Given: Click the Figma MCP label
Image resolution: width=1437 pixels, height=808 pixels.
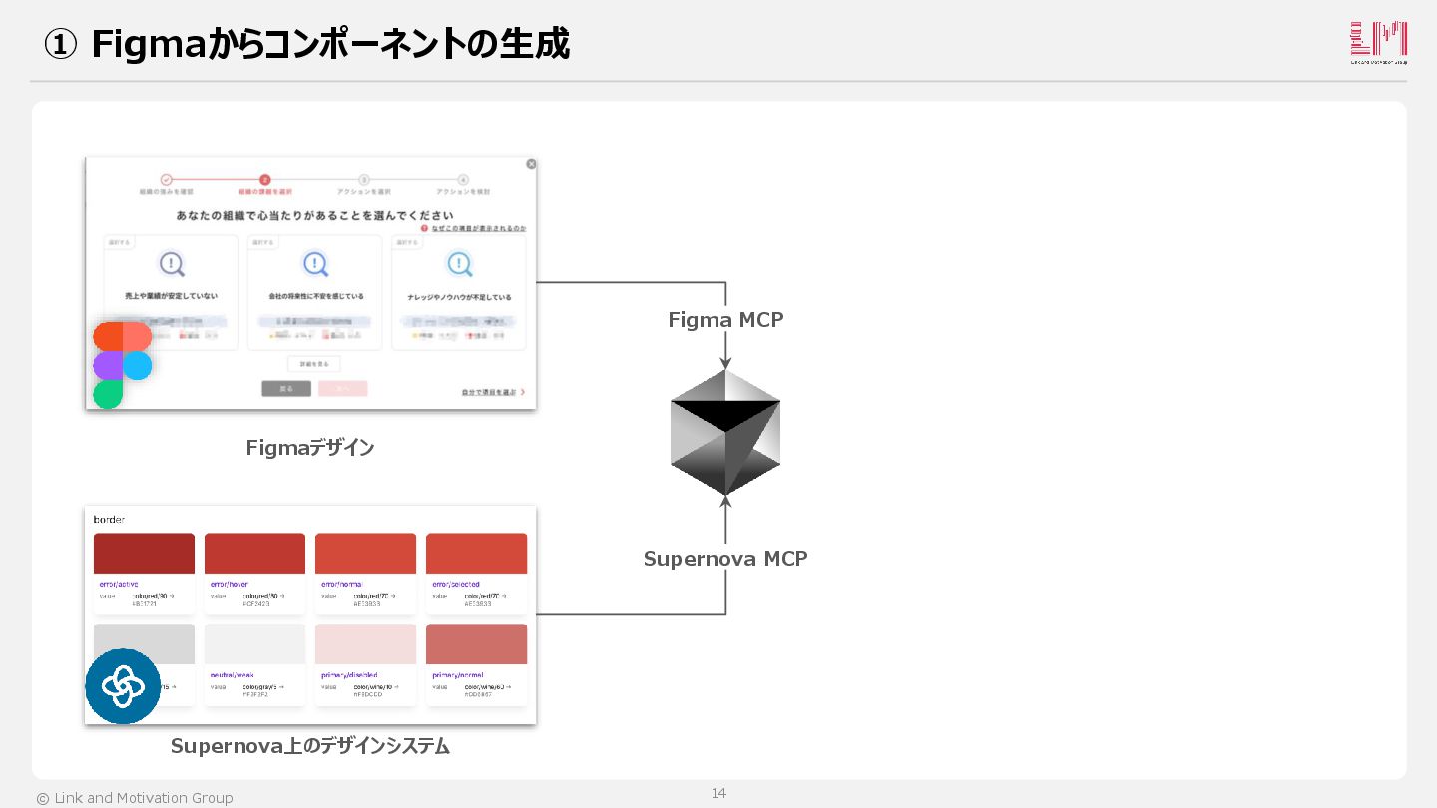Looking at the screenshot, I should tap(725, 320).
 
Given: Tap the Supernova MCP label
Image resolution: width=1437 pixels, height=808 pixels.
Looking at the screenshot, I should tap(725, 559).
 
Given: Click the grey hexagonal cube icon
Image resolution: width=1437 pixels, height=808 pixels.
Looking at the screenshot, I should tap(725, 432).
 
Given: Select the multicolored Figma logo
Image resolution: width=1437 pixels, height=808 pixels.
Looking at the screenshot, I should tap(122, 365).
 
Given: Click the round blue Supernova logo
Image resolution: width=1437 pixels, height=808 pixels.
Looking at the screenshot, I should tap(123, 686).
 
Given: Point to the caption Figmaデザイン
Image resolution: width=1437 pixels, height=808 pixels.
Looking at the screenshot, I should tap(310, 448).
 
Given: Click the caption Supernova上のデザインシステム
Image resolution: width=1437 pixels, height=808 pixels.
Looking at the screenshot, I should tap(310, 746).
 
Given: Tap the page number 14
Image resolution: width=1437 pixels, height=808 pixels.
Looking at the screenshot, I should tap(718, 793).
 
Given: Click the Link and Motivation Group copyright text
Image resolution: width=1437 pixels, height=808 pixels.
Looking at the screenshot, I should tap(135, 798).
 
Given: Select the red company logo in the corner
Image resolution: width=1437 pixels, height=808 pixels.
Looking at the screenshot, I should tap(1378, 43).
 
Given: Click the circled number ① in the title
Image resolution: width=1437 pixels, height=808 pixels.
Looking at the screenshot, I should tap(61, 45).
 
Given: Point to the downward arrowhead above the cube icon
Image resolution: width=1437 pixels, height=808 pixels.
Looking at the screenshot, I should tap(725, 363).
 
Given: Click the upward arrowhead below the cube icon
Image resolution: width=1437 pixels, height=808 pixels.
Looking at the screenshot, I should tap(725, 502).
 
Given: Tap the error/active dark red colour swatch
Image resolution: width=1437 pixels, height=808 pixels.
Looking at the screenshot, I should tap(144, 553).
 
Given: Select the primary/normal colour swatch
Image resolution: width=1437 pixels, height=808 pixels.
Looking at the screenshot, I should tap(476, 644).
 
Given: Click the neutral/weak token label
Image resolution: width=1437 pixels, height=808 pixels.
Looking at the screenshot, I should tap(232, 675).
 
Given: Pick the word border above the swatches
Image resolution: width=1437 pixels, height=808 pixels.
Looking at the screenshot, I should tap(109, 520).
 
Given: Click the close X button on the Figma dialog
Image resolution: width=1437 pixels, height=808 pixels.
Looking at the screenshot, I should tap(531, 164).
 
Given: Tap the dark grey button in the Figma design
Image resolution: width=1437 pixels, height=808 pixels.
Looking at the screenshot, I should tap(286, 389).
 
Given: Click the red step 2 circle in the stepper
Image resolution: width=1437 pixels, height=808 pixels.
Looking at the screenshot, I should tap(264, 180).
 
